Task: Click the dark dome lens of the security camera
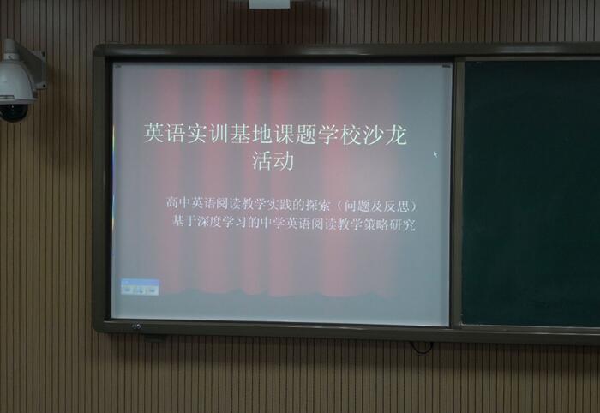[x=14, y=112]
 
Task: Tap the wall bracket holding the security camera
[x=35, y=66]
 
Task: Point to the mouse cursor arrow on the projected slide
[x=435, y=153]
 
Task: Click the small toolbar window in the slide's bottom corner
[x=140, y=287]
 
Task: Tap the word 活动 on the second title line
[x=273, y=160]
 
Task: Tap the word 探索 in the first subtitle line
[x=317, y=206]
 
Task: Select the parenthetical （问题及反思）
[x=376, y=206]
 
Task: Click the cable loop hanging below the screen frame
[x=422, y=348]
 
